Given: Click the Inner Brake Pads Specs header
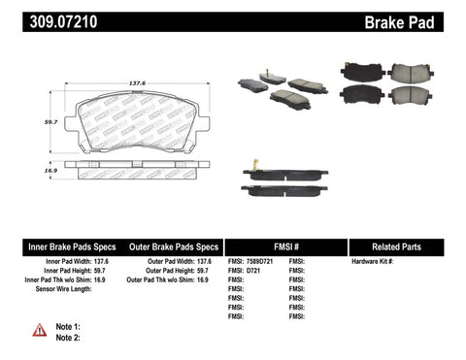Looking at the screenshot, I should point(56,247).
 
